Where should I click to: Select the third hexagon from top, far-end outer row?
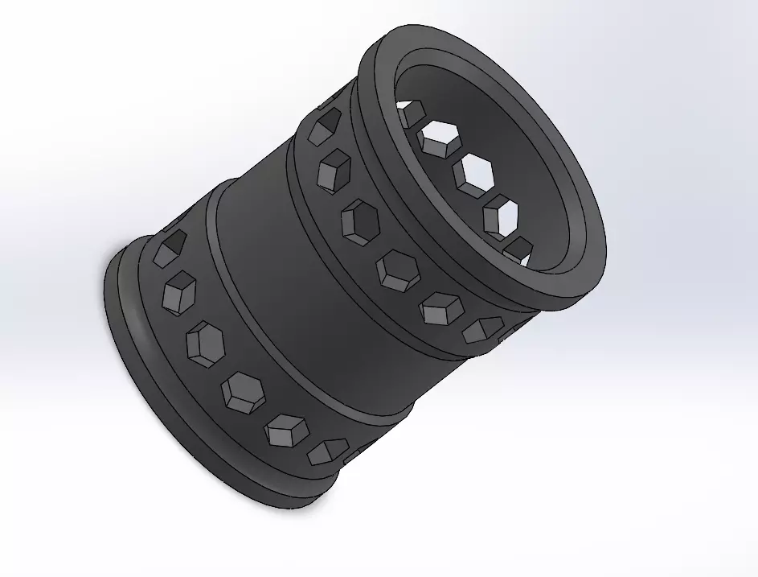tap(206, 341)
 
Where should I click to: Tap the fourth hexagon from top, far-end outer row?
tap(243, 390)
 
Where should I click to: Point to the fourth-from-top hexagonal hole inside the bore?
tap(502, 213)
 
